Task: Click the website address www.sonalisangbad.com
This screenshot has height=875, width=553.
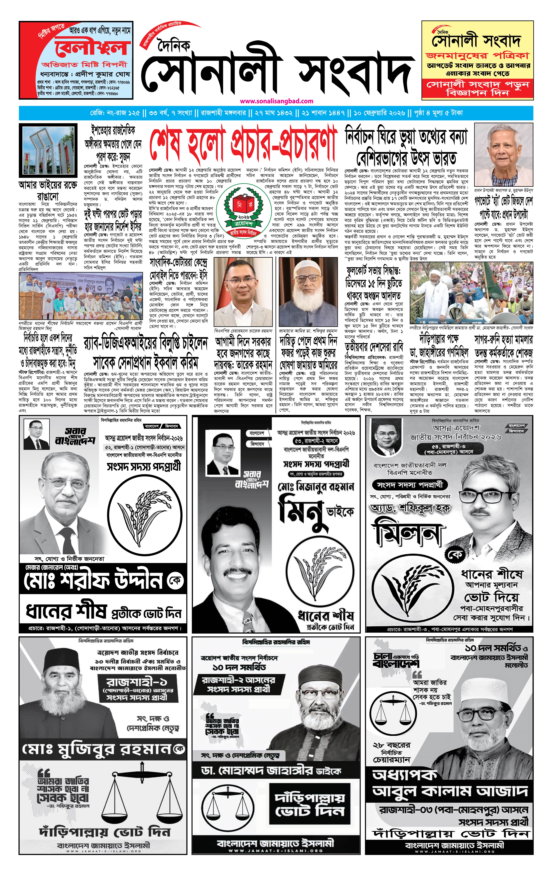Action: pos(276,101)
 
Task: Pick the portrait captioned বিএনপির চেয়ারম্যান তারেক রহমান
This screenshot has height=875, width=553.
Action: pos(243,292)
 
